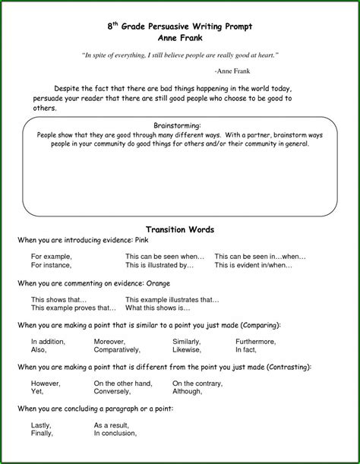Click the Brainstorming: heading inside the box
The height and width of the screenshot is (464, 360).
pos(176,125)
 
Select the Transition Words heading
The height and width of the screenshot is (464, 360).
pos(179,229)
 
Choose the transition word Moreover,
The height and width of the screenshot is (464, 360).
pos(110,342)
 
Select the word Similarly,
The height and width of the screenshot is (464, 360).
pos(187,342)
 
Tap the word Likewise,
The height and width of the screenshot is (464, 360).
pos(187,350)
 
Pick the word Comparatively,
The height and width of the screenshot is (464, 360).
pos(117,350)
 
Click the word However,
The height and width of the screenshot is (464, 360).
pos(46,384)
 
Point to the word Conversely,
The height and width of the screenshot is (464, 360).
pos(113,392)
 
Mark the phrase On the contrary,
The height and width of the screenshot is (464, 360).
pos(198,384)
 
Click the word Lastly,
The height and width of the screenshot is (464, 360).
pos(42,425)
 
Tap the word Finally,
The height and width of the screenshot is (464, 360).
pos(42,434)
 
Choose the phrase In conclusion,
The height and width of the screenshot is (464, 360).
pos(115,434)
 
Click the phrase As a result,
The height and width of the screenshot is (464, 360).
pos(112,425)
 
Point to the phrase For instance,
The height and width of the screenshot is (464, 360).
pos(51,266)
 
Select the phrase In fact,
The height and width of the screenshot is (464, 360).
pos(246,350)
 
